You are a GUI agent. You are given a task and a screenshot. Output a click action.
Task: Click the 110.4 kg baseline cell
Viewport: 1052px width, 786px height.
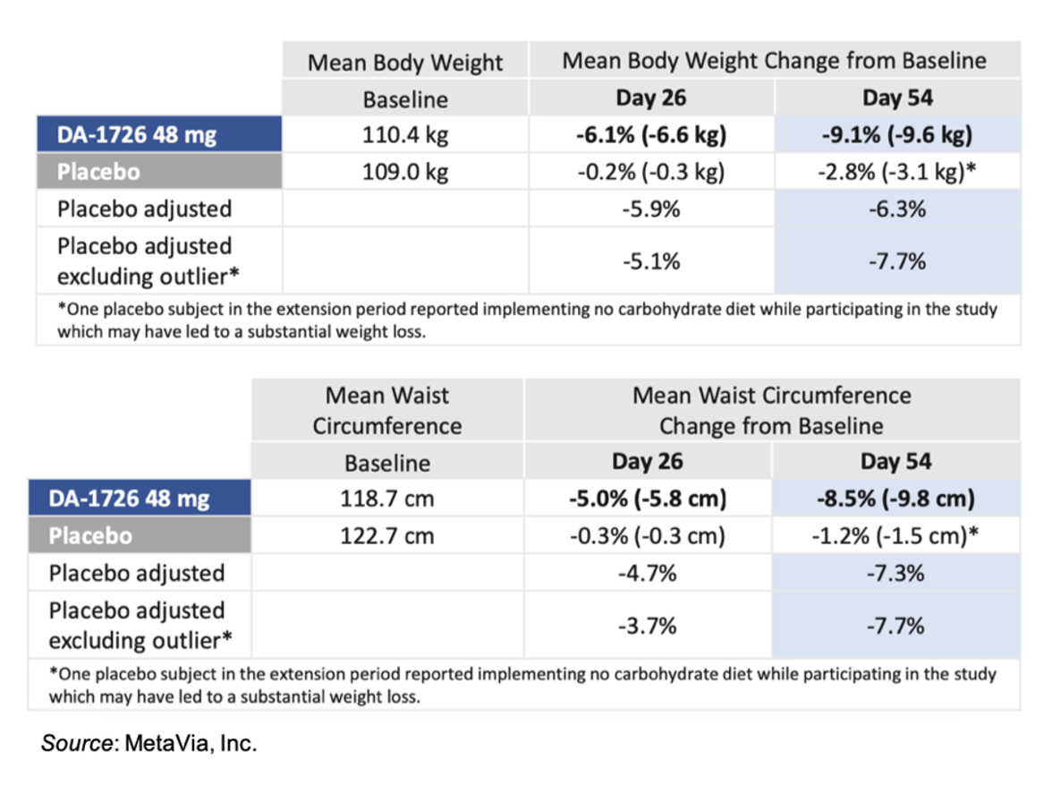[404, 136]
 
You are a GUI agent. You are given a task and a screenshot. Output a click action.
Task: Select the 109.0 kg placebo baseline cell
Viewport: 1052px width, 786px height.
[404, 172]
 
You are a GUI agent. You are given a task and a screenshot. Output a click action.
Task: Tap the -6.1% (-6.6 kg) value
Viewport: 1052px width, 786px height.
[650, 136]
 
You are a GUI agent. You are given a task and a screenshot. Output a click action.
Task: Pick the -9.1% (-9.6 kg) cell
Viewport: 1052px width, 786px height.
[896, 136]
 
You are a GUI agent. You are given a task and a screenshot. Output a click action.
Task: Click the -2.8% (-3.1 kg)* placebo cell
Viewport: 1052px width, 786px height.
[896, 172]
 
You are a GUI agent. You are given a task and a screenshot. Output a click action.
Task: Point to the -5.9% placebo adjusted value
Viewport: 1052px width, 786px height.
[650, 209]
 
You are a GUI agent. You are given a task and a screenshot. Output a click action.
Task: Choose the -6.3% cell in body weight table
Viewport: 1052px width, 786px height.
[896, 209]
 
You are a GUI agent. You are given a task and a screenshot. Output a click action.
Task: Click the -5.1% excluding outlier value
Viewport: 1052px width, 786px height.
[650, 261]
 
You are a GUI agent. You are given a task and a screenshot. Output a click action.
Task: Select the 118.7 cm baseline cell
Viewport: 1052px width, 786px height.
[386, 499]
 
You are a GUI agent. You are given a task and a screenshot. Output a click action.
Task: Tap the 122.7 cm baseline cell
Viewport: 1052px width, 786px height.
[386, 536]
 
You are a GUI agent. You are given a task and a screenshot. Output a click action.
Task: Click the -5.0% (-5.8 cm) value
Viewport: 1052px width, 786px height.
[647, 499]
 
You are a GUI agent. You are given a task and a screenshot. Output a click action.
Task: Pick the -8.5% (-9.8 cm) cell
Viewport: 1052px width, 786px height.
[895, 499]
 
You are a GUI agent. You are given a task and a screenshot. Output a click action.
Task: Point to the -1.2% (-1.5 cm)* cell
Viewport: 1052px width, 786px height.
[895, 536]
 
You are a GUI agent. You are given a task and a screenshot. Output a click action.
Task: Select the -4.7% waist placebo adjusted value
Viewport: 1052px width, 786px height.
[647, 573]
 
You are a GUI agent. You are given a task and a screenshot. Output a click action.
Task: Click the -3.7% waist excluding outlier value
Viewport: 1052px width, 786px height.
[647, 626]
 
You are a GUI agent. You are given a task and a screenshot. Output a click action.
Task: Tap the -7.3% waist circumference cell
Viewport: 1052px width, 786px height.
[895, 573]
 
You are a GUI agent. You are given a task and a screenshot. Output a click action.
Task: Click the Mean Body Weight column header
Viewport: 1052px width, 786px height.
[404, 63]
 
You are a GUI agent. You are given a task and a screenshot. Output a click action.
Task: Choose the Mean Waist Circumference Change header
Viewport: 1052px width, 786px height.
[771, 410]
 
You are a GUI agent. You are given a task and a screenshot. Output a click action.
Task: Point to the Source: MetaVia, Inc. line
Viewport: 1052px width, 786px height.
[148, 743]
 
